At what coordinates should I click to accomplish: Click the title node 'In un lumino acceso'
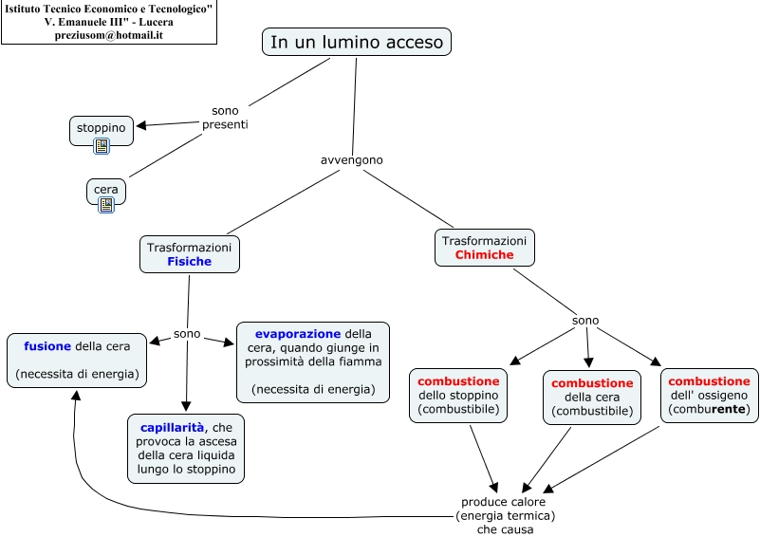click(356, 42)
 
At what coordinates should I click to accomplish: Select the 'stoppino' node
click(102, 127)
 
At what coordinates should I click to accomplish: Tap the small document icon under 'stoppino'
click(102, 146)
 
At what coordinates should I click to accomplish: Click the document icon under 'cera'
click(106, 204)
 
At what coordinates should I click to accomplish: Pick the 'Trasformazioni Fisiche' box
click(190, 254)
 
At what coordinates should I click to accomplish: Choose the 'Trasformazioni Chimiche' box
click(484, 248)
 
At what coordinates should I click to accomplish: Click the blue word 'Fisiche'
click(190, 262)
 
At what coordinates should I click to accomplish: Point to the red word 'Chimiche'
click(484, 255)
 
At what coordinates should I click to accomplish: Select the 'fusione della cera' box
click(77, 361)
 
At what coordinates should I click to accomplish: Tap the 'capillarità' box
click(186, 447)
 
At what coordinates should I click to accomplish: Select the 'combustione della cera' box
click(592, 397)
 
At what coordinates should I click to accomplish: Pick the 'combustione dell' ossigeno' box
click(709, 395)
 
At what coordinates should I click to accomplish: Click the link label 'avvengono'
click(352, 159)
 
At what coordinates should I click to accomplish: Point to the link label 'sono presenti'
click(225, 118)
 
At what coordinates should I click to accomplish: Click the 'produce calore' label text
click(505, 502)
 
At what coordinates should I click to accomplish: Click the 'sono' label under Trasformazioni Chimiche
click(585, 321)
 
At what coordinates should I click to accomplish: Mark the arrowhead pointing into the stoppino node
click(141, 125)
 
